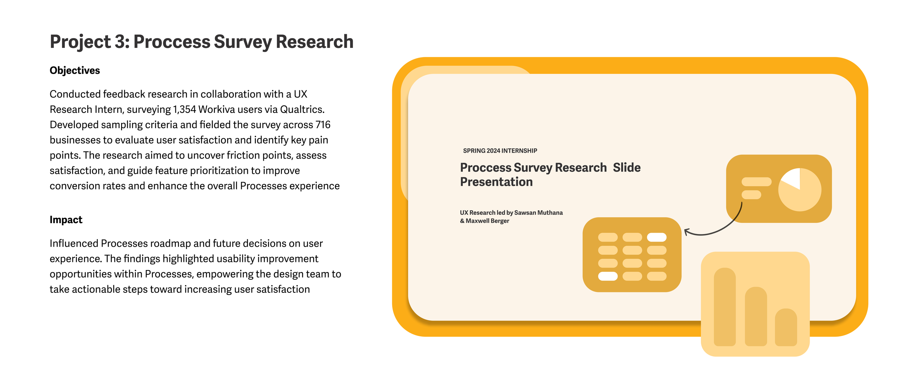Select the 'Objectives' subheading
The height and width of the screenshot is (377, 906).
pos(75,70)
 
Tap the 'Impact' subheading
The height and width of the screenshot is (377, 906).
pos(66,220)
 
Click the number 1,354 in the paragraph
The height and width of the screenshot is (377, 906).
pos(184,110)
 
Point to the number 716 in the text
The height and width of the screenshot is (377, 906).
pos(323,125)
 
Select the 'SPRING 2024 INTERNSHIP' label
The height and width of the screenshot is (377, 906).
pos(500,151)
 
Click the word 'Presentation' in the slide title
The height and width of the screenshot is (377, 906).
pos(496,182)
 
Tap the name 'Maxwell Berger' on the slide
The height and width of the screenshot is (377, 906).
pos(487,221)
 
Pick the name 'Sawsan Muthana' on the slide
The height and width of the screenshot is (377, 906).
pos(539,213)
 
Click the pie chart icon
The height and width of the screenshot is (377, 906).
pos(800,189)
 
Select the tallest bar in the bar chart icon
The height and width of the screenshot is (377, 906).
pos(725,307)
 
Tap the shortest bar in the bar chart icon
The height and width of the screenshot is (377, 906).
pos(786,327)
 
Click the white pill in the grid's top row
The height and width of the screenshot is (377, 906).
pos(657,237)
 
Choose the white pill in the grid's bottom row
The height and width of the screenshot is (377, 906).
pos(608,276)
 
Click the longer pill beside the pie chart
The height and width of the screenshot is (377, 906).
pos(757,182)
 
